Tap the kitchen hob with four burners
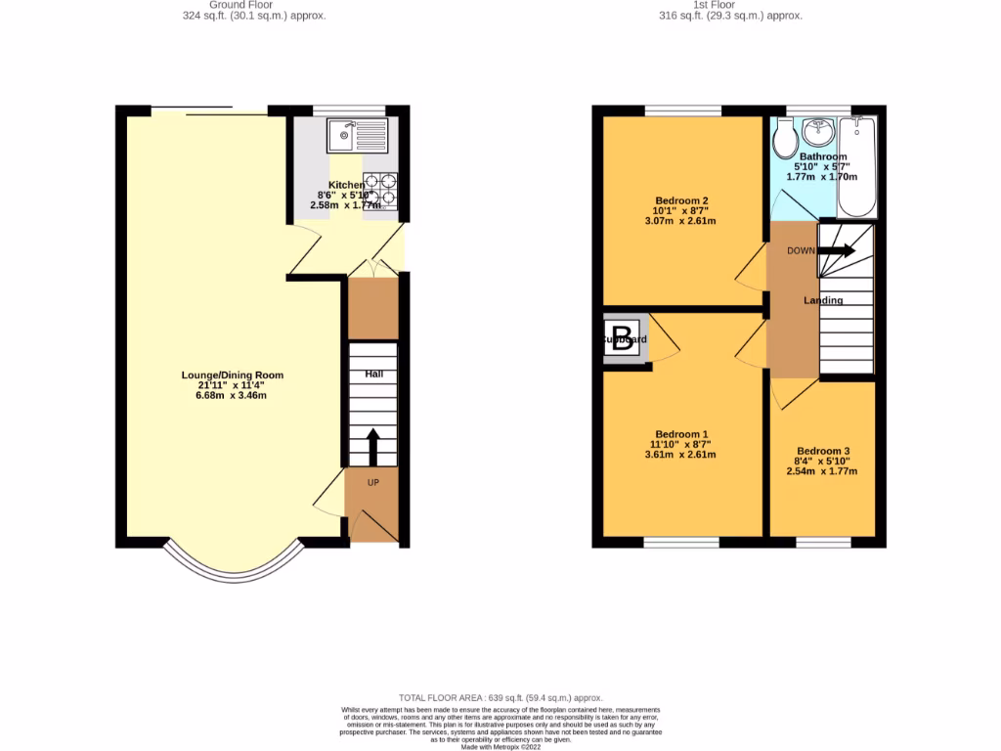coord(380,189)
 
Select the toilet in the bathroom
coord(783,140)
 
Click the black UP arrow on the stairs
coord(373,448)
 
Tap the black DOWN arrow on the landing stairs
coord(836,251)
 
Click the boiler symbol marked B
coord(624,339)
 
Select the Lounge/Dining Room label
coord(233,375)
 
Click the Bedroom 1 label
coord(681,434)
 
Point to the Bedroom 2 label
coord(681,200)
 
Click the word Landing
coord(823,300)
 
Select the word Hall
coord(374,375)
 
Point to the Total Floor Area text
coord(500,696)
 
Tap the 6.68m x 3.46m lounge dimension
coord(233,396)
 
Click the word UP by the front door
coord(373,483)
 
